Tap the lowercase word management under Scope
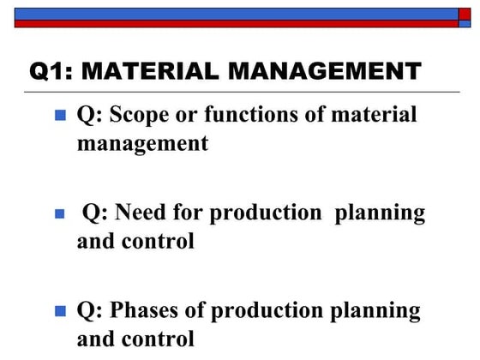tap(142, 142)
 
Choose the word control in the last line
tap(162, 339)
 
